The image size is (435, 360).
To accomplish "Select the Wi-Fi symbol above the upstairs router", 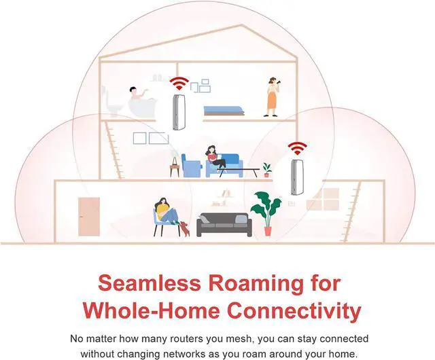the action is point(179,84).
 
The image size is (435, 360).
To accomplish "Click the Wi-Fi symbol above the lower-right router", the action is point(297,148).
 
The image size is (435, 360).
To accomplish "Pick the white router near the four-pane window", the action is point(297,177).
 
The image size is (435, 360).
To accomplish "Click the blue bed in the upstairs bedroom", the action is point(223,109).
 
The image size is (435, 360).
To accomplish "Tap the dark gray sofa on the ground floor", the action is point(224,224).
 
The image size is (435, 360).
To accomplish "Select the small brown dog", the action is point(184,229).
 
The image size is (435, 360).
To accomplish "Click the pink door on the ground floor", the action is point(87,216).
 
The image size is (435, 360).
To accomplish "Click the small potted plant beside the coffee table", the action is point(266,169).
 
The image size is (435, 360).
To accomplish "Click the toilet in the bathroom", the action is point(114,105).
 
